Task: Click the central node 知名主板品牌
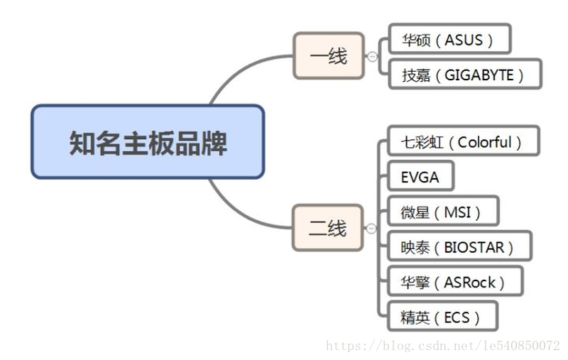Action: [x=148, y=141]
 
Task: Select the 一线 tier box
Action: [x=328, y=55]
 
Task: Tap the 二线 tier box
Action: [x=327, y=228]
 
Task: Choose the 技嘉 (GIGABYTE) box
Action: [x=465, y=75]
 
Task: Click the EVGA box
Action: [x=421, y=177]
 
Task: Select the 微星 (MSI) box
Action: [x=444, y=212]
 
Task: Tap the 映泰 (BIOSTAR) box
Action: [x=460, y=246]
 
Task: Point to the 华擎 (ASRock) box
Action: [x=455, y=281]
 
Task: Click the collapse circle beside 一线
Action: [x=372, y=57]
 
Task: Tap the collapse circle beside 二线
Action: [x=371, y=229]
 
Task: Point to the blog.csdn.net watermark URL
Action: [x=442, y=346]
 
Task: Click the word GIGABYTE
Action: [x=479, y=75]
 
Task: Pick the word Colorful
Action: [x=484, y=141]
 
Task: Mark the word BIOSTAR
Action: [x=474, y=246]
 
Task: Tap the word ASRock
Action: [x=469, y=281]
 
